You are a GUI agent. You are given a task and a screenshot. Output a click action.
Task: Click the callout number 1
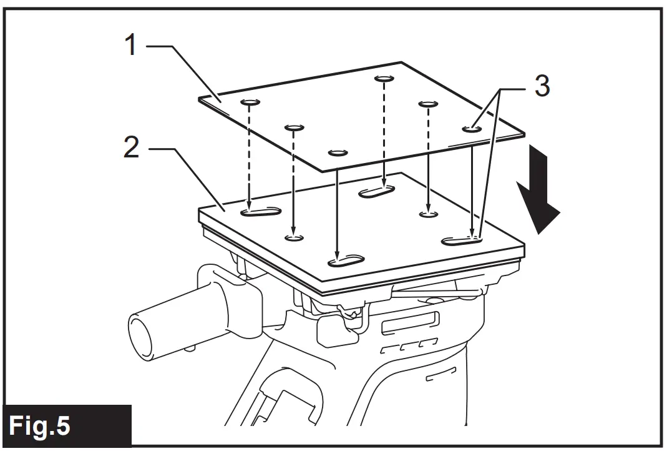click(x=130, y=45)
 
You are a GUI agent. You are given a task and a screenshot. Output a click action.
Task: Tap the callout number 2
click(x=130, y=149)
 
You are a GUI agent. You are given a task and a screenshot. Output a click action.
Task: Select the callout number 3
click(x=542, y=87)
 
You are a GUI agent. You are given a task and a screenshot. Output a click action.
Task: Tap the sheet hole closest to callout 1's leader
click(x=249, y=102)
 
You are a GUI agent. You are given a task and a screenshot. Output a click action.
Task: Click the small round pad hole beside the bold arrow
click(x=428, y=214)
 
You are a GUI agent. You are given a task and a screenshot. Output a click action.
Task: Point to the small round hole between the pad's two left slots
click(x=294, y=237)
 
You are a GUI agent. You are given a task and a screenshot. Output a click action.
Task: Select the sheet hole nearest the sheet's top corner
click(x=384, y=79)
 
